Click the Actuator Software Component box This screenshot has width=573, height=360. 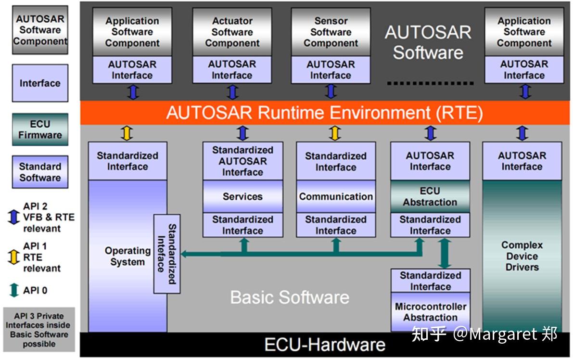(x=232, y=32)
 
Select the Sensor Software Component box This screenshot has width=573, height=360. (x=331, y=32)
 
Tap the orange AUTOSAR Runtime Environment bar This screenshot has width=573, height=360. (x=324, y=113)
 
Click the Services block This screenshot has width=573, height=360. (x=242, y=196)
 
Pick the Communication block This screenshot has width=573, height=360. (x=336, y=196)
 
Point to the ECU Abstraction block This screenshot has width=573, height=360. (x=430, y=196)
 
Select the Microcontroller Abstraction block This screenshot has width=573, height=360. (x=431, y=312)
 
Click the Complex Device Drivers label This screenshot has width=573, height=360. (x=522, y=256)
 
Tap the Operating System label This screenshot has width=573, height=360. (x=127, y=256)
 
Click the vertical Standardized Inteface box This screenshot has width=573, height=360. (x=167, y=254)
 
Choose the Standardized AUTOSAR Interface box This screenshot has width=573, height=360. (x=242, y=161)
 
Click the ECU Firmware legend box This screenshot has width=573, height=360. (x=40, y=129)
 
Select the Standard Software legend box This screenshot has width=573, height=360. (x=40, y=172)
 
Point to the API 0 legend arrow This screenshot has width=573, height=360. (x=14, y=290)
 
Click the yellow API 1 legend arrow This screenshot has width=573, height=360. (x=13, y=257)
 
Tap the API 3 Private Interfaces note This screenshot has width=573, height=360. (x=39, y=330)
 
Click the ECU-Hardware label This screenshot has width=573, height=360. (x=324, y=345)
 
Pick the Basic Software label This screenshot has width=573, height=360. (x=290, y=297)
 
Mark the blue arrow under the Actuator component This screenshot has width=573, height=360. (x=232, y=92)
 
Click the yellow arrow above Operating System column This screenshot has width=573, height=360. (x=127, y=133)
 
